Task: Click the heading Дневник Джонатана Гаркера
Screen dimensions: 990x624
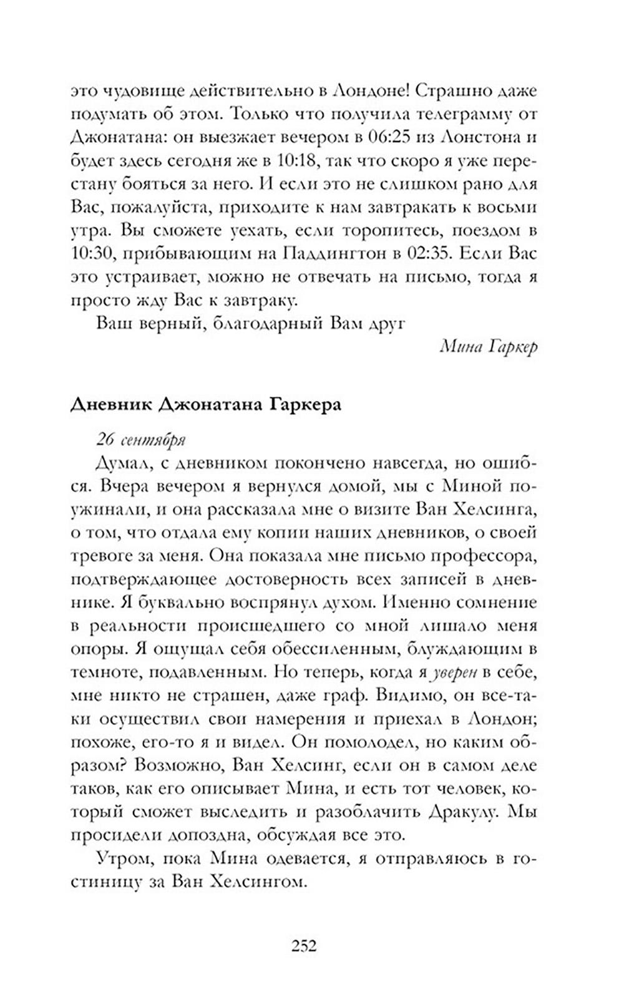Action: click(206, 404)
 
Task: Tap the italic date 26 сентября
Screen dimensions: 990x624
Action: click(142, 439)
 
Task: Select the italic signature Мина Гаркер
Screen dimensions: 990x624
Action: click(488, 347)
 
